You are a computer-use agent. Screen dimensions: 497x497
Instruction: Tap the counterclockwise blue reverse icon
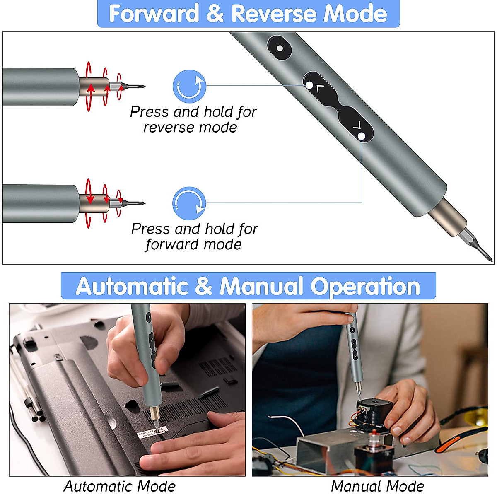tap(189, 86)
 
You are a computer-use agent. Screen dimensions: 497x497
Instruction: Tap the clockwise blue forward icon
tap(189, 203)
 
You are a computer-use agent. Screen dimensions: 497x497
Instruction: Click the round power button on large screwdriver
tap(280, 48)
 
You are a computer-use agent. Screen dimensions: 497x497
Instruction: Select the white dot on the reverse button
tap(309, 85)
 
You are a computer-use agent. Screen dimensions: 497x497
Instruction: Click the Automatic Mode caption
tap(119, 486)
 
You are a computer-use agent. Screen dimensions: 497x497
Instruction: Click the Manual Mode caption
tap(377, 486)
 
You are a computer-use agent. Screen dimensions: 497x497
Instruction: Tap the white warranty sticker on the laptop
tap(152, 433)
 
